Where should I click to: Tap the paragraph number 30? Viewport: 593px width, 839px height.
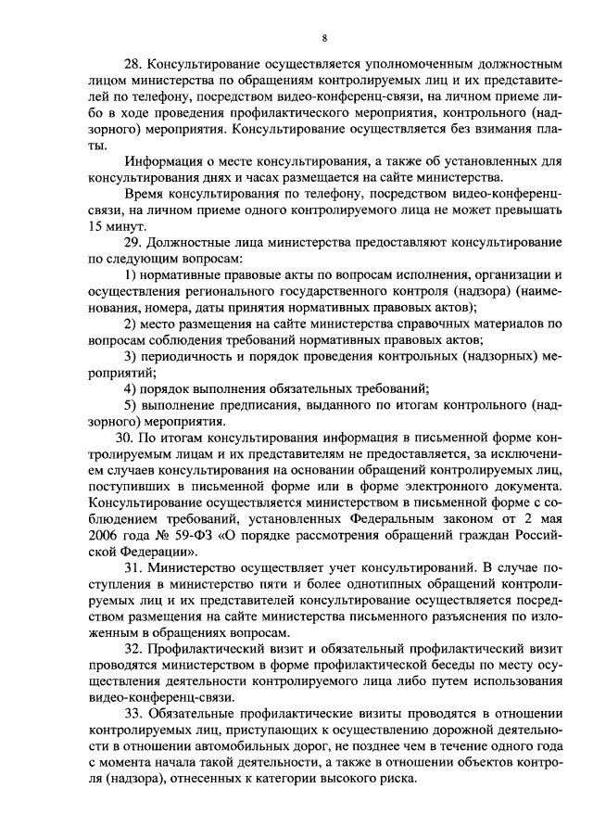122,436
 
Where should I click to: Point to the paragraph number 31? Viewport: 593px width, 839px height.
132,565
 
